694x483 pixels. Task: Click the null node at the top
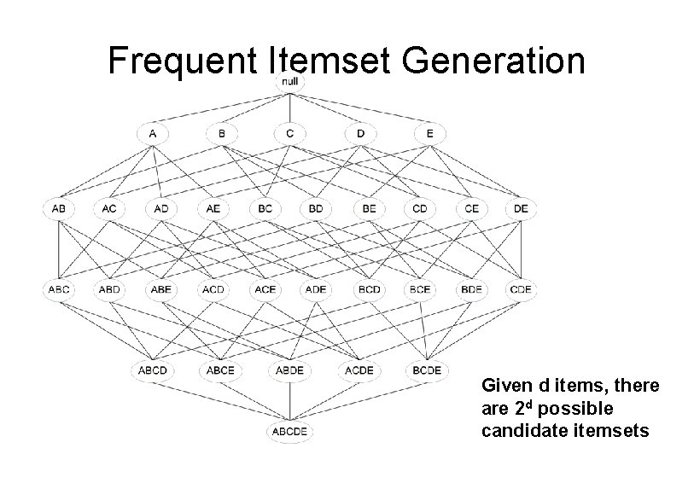tap(290, 82)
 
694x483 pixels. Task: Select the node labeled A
tap(152, 133)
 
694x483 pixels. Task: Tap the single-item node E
tap(429, 133)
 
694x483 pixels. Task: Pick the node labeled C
tap(290, 133)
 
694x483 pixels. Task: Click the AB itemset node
tap(59, 208)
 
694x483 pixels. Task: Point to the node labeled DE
tap(520, 208)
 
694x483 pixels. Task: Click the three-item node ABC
tap(59, 289)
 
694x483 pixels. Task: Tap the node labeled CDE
tap(520, 289)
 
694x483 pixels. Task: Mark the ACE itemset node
tap(265, 289)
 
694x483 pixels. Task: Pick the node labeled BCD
tap(369, 289)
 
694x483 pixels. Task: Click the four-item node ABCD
tap(152, 370)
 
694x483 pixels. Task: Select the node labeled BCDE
tap(427, 370)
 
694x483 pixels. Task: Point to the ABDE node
tap(290, 370)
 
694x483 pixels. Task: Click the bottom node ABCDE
tap(290, 432)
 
